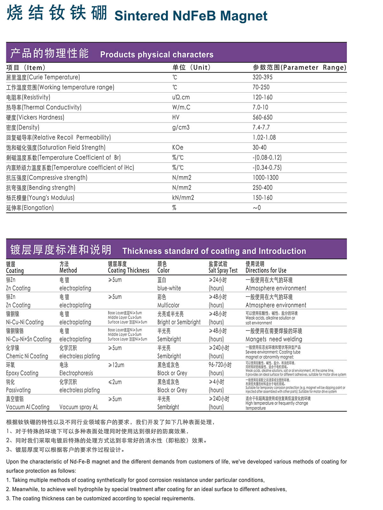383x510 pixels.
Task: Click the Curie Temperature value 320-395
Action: (262, 77)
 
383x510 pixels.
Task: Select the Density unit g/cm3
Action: (181, 127)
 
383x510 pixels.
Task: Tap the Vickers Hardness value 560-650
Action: (262, 118)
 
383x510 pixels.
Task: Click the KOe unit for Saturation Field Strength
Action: (177, 148)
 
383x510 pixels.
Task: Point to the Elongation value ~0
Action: (257, 208)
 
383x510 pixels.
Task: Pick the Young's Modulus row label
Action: (40, 198)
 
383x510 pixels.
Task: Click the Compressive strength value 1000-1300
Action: (265, 178)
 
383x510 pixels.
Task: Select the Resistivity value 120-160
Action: (262, 97)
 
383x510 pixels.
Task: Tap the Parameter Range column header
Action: (299, 67)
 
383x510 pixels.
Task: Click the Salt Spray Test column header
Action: (223, 267)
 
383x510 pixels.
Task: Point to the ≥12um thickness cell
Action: (116, 365)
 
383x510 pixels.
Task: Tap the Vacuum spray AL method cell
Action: (79, 407)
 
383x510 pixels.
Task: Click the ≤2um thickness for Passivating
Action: (115, 382)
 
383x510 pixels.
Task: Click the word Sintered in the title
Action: (141, 16)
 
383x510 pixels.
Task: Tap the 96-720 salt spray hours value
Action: (220, 365)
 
